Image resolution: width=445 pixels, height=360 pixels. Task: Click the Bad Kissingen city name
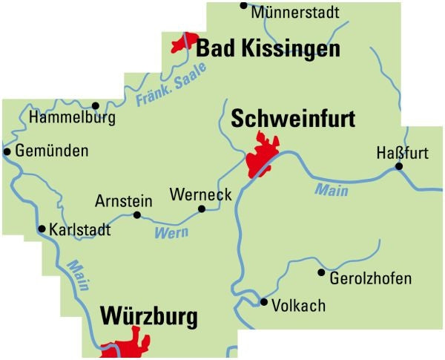[x=268, y=50]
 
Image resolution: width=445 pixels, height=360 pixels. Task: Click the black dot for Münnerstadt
[x=243, y=5]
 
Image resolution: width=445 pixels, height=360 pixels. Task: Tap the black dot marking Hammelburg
[x=95, y=105]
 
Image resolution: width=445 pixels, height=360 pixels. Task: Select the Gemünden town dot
[x=7, y=151]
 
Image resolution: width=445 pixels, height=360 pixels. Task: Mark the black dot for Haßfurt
[x=399, y=166]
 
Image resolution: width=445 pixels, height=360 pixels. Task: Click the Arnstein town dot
[x=136, y=215]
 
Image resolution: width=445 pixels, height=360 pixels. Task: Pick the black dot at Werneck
[x=201, y=209]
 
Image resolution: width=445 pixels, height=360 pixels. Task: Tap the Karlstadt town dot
[x=42, y=229]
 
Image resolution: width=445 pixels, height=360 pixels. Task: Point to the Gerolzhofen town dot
[x=321, y=272]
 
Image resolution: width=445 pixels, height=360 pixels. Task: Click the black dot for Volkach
[x=263, y=301]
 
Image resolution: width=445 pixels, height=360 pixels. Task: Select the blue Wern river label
[x=171, y=233]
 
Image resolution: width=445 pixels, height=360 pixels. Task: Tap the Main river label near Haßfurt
[x=332, y=190]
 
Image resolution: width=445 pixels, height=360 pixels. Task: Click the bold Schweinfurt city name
[x=293, y=119]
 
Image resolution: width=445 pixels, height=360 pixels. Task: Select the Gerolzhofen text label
[x=369, y=278]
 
